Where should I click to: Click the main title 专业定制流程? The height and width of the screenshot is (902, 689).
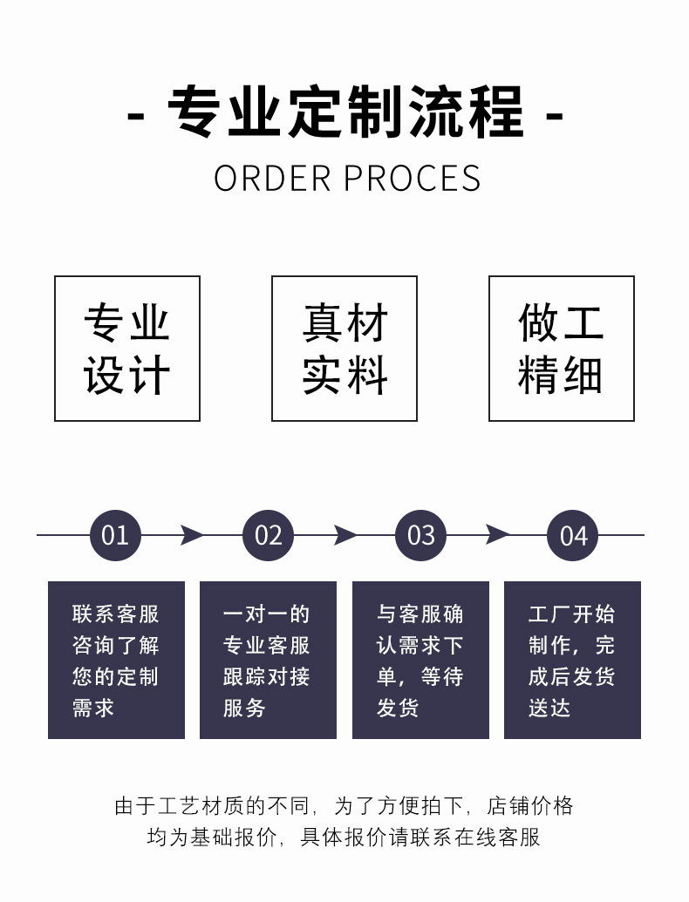click(345, 113)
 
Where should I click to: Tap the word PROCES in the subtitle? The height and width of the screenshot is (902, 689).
click(412, 179)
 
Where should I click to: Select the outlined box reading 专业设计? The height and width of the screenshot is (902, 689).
click(127, 349)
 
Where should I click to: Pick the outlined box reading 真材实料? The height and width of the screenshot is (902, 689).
click(344, 349)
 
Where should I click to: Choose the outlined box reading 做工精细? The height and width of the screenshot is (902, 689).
click(561, 349)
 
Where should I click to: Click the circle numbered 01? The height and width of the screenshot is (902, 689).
click(115, 535)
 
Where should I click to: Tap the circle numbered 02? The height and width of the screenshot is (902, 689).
click(268, 535)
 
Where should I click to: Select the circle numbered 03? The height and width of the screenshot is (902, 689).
click(420, 535)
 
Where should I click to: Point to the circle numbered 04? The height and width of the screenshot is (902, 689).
click(573, 535)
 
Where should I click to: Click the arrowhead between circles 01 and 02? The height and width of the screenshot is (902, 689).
click(191, 535)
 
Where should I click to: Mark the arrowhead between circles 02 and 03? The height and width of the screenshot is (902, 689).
click(344, 535)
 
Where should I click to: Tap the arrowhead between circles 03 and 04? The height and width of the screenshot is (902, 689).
click(497, 535)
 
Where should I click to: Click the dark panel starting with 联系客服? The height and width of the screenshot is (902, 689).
click(116, 660)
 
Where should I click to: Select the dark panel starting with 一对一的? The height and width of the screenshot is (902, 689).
click(268, 660)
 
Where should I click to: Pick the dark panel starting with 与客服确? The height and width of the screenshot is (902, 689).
click(420, 660)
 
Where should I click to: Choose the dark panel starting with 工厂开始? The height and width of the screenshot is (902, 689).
click(572, 660)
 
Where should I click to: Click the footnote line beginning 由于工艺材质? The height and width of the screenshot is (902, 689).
click(344, 806)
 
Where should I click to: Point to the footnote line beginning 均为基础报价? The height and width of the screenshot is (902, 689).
click(344, 838)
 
